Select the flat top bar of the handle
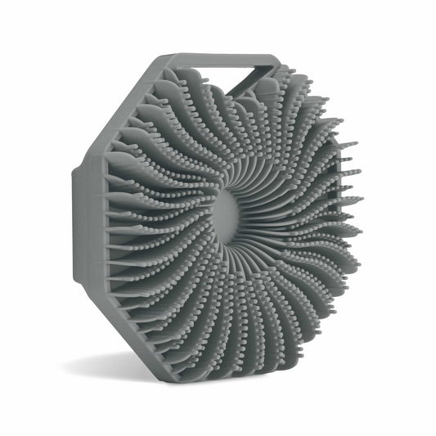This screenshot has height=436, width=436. (x=219, y=59)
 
